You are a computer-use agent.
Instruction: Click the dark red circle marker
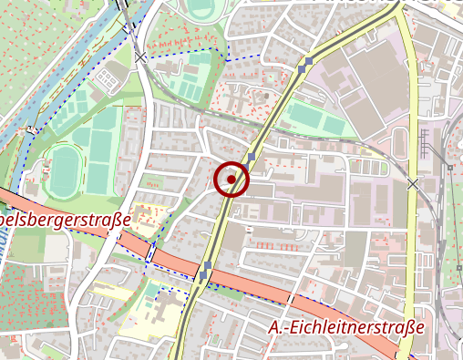(231, 180)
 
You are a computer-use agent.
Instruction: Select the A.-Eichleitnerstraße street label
(347, 327)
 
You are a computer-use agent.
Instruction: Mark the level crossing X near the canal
(139, 57)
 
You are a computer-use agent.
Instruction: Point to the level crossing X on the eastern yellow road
(413, 184)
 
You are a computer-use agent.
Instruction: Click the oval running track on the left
(66, 170)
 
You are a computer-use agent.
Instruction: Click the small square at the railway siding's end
(449, 168)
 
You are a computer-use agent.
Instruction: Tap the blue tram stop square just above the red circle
(251, 157)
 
